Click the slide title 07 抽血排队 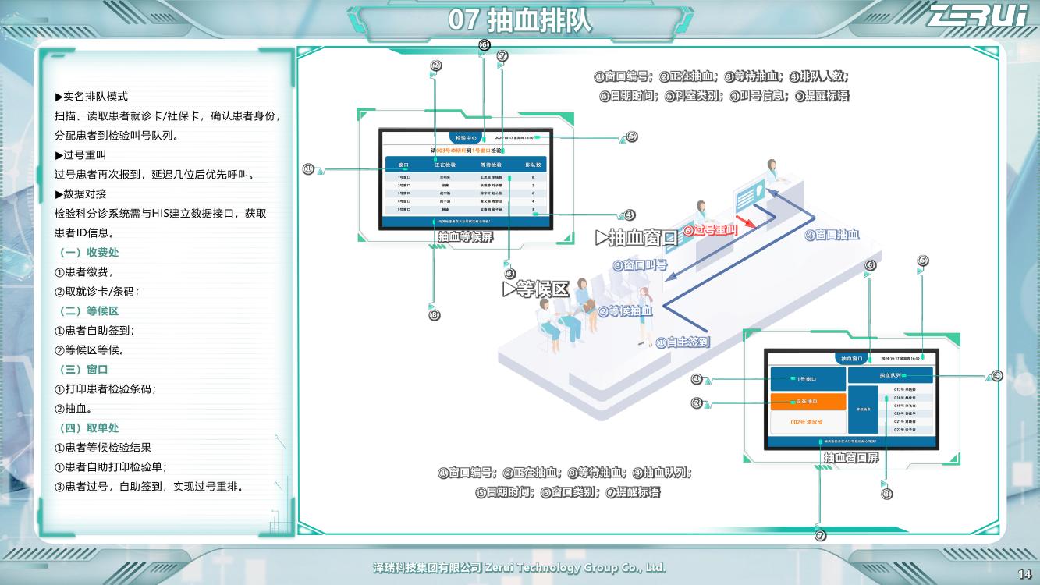tap(520, 20)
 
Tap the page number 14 tap(1024, 575)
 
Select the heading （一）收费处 tap(89, 253)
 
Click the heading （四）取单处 tap(89, 428)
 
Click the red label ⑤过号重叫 tap(710, 231)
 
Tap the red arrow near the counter tap(746, 223)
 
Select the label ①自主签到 tap(683, 342)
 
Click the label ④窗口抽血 tap(832, 235)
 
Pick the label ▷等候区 tap(536, 289)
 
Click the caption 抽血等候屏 tap(465, 237)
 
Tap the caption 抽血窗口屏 tap(850, 457)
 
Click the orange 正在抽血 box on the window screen tap(808, 401)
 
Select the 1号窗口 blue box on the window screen tap(808, 379)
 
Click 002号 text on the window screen tap(807, 422)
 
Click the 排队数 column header tap(533, 165)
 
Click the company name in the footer tap(520, 568)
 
